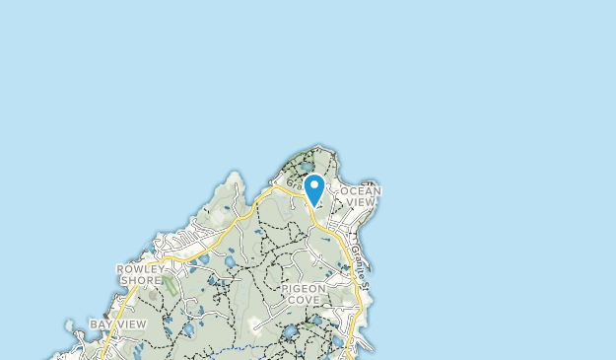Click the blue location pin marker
[x=314, y=187]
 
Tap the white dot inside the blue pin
[x=314, y=184]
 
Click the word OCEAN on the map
[x=361, y=190]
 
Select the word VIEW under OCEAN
[x=362, y=202]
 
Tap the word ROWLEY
[x=139, y=268]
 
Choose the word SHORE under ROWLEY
[x=139, y=280]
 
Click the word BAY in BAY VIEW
[x=103, y=324]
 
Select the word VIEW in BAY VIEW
[x=131, y=324]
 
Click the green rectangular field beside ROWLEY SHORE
[x=170, y=286]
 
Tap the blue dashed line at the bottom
[x=237, y=348]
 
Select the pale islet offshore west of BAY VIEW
[x=67, y=324]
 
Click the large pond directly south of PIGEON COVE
[x=291, y=333]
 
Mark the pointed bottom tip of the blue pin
[x=314, y=205]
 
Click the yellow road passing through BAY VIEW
[x=106, y=341]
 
